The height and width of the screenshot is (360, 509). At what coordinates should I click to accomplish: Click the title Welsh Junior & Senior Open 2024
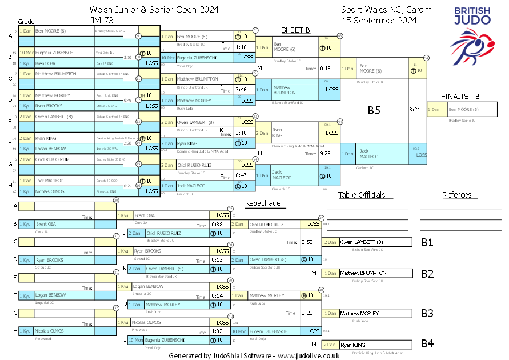154,10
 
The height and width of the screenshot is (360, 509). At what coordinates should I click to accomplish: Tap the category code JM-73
101,20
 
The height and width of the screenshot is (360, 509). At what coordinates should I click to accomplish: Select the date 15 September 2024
379,20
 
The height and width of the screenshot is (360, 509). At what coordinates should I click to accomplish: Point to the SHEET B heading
295,30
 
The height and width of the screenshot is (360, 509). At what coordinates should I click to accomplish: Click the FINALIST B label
460,96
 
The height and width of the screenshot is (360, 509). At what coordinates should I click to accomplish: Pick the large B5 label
374,111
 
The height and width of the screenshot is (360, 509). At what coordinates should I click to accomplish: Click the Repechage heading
263,203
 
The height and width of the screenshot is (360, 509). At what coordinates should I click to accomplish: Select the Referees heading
457,195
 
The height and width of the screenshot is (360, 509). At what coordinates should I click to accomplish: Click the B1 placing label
427,242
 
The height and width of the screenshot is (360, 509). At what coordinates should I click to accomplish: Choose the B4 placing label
427,344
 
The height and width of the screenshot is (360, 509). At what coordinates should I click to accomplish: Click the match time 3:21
415,109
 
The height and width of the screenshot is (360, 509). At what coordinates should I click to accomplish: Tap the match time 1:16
241,47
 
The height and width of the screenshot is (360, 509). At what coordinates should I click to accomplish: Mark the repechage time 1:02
217,331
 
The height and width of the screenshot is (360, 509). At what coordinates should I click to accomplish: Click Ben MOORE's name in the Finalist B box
463,109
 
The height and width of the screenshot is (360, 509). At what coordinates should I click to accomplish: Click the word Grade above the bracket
26,21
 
